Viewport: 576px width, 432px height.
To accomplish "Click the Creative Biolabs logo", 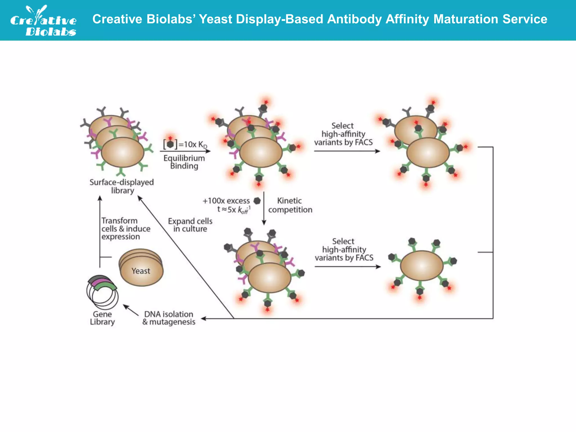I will point(44,21).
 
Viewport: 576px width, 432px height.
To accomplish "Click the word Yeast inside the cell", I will point(141,271).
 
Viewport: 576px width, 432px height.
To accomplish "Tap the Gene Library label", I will point(102,318).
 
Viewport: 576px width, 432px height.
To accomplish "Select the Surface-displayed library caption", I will point(122,186).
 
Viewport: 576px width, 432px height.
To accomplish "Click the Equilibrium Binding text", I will point(184,162).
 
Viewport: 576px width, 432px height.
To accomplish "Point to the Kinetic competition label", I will point(290,205).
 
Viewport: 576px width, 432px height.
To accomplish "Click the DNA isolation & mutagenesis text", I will point(169,318).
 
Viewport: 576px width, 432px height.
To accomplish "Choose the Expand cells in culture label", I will point(190,225).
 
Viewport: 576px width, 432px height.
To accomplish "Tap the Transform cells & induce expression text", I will point(125,229).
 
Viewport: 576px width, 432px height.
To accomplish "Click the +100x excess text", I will point(226,201).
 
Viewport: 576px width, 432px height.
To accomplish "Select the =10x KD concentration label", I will point(193,145).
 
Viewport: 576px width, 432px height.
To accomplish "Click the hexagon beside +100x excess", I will point(257,201).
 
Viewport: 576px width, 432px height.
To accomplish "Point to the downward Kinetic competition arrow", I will point(264,208).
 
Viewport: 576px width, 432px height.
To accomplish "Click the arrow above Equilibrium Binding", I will point(185,151).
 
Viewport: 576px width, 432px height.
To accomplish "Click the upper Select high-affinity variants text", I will point(343,134).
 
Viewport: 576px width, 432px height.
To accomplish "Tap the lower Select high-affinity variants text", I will point(344,249).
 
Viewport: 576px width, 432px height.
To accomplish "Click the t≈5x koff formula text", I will point(233,210).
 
